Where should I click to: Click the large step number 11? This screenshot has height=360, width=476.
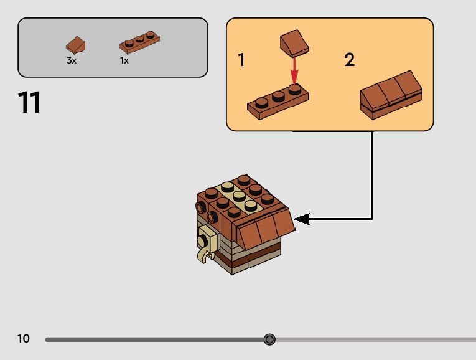click(x=29, y=103)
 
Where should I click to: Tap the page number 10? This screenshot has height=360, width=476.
click(x=24, y=339)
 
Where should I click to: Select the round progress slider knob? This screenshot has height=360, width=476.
click(x=269, y=339)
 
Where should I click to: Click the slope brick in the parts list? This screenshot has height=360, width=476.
click(x=76, y=45)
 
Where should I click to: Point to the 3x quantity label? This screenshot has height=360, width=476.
click(x=72, y=61)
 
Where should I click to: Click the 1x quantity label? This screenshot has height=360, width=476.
click(x=124, y=61)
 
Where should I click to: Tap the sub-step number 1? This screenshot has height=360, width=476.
click(x=241, y=60)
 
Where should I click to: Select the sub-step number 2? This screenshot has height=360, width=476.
click(x=350, y=60)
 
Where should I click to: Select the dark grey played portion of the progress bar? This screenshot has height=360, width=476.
click(x=156, y=339)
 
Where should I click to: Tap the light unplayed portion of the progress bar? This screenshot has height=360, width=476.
click(x=373, y=339)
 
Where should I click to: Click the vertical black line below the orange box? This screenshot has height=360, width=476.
click(x=372, y=174)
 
